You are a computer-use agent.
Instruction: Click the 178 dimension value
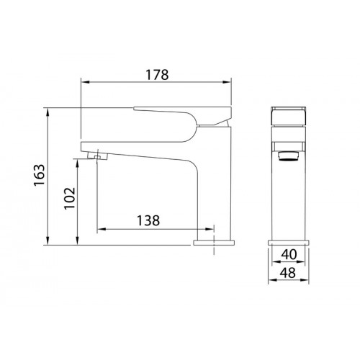[158, 75]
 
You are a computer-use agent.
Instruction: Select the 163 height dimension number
[39, 175]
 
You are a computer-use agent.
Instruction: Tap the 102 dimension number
[70, 198]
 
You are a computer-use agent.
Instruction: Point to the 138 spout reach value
[148, 220]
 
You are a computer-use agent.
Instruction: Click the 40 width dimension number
[289, 254]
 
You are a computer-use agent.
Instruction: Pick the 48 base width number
[288, 273]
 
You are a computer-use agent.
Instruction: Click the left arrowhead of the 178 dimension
[85, 82]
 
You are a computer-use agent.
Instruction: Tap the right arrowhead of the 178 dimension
[227, 82]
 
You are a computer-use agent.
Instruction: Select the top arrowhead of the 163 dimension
[48, 112]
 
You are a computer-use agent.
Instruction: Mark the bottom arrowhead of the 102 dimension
[77, 240]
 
